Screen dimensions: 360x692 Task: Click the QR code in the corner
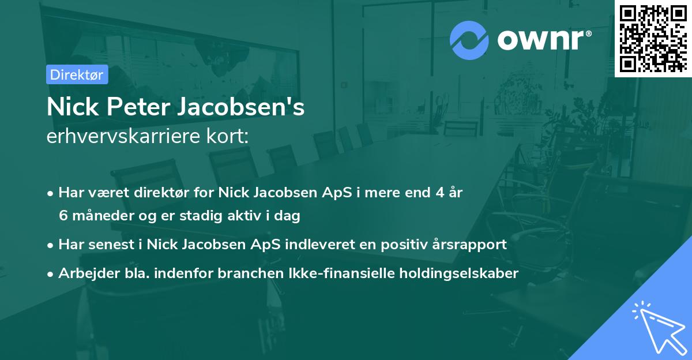click(653, 38)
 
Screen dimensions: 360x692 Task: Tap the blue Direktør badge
click(77, 74)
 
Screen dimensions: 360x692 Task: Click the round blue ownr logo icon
click(469, 40)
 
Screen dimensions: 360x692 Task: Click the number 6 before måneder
click(63, 216)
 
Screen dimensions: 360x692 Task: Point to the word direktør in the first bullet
click(149, 193)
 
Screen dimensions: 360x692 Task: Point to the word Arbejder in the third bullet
click(84, 273)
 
